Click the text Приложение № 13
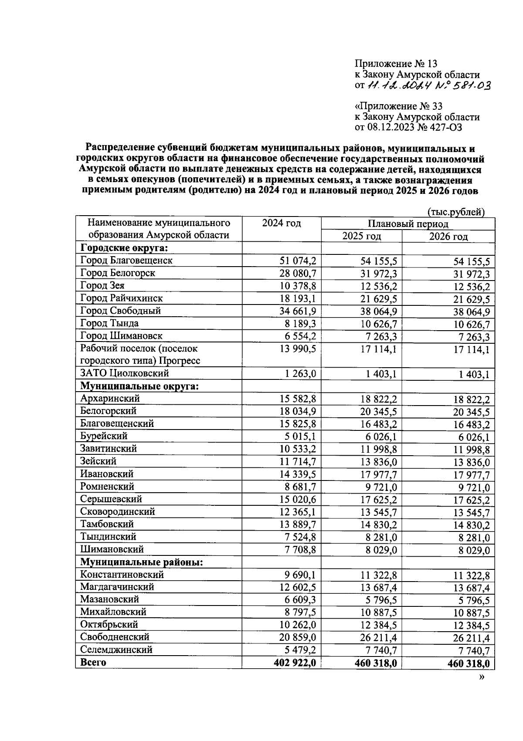coord(396,64)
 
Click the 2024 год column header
coord(281,223)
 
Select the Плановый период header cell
coord(408,224)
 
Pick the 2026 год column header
coord(448,237)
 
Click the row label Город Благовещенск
coord(126,261)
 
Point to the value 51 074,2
coord(298,261)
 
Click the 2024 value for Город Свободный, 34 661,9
coord(298,311)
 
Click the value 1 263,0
coord(301,374)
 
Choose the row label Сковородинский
coord(118,511)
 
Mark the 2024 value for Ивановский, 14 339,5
coord(298,474)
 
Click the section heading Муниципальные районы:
coord(142,562)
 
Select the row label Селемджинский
coord(116,650)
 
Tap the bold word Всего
coord(93,662)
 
